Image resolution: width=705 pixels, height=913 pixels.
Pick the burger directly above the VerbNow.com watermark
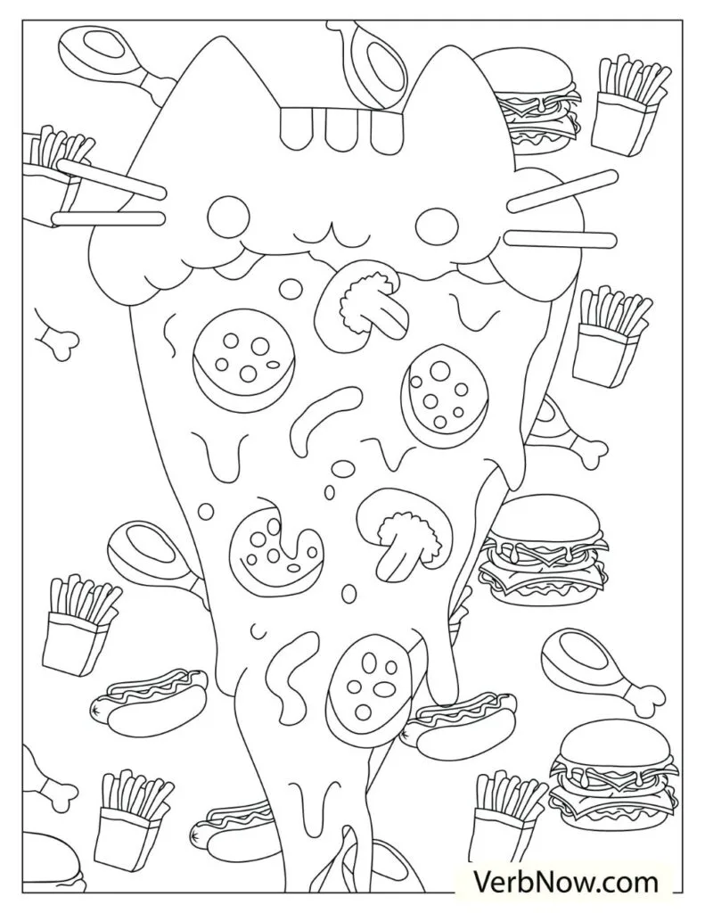pos(610,774)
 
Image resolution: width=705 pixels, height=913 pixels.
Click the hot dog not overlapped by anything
pos(147,698)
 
